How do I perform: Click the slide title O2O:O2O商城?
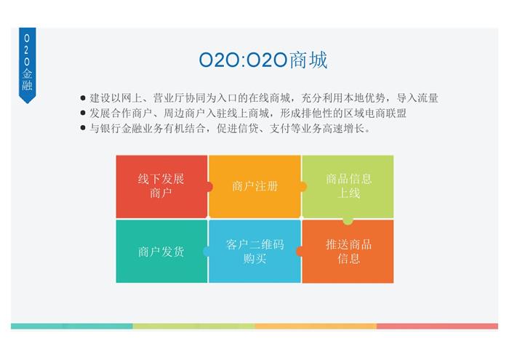click(x=263, y=60)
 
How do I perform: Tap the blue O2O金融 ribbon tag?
click(x=28, y=65)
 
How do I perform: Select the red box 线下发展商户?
click(x=161, y=186)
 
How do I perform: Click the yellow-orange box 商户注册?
click(x=254, y=186)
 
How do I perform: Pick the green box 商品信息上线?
click(x=348, y=186)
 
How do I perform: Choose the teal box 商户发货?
click(x=161, y=251)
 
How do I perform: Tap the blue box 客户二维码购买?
click(x=254, y=251)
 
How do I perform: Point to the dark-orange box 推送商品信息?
click(x=348, y=251)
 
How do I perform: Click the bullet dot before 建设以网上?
click(x=83, y=98)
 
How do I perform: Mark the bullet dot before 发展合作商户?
click(x=83, y=113)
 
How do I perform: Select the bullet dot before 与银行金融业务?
click(x=83, y=128)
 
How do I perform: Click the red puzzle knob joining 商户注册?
click(x=210, y=187)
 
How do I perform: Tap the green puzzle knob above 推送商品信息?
click(x=348, y=221)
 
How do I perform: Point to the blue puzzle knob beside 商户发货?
click(x=206, y=251)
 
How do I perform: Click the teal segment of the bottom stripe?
click(x=72, y=326)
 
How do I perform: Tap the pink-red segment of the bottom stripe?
click(x=437, y=326)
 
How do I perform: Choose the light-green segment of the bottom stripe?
click(x=194, y=326)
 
